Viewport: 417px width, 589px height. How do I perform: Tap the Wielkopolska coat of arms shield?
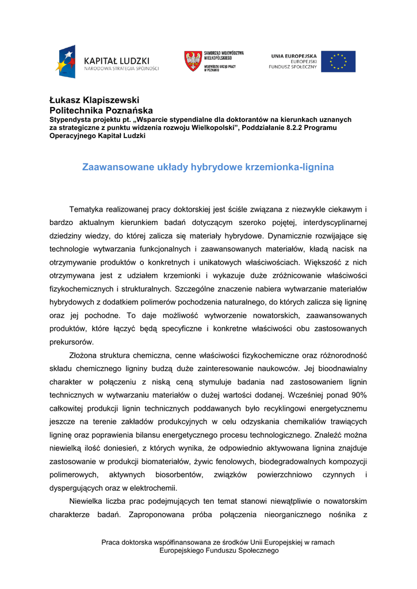[193, 60]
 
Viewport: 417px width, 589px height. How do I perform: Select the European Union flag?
[338, 62]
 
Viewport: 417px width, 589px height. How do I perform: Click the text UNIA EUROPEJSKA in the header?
[294, 56]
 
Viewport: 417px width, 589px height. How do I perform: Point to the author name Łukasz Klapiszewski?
[94, 100]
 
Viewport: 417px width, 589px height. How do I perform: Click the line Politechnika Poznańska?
[101, 110]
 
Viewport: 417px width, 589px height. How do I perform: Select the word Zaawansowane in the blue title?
[117, 167]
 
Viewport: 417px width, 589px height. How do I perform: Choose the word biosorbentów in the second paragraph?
[179, 475]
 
